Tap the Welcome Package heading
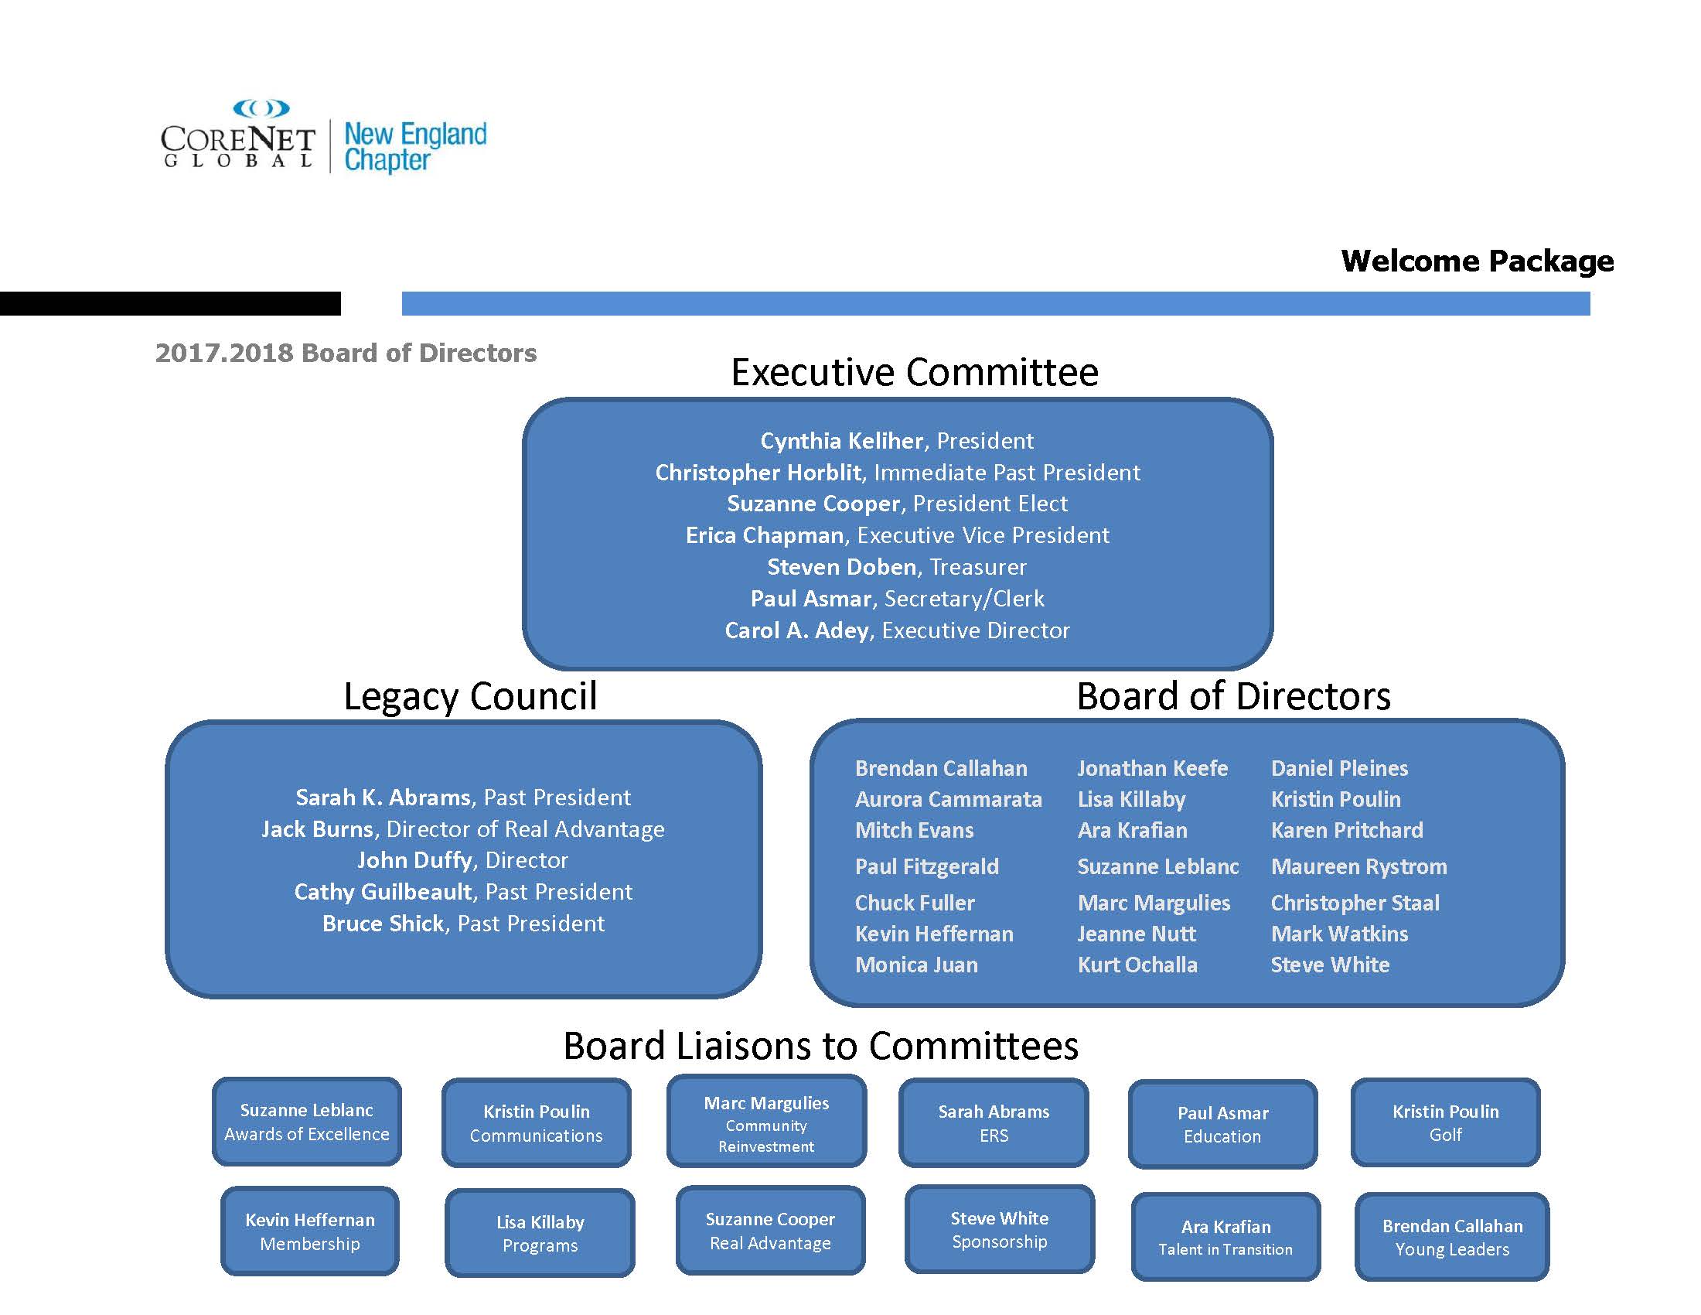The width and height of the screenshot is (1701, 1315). click(1477, 261)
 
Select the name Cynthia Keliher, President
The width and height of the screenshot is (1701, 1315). click(896, 441)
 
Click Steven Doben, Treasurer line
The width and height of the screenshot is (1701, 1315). click(896, 567)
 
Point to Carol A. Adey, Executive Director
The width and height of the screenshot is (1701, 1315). click(896, 630)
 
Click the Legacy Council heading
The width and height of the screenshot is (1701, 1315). click(469, 696)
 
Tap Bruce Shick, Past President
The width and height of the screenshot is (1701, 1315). click(462, 924)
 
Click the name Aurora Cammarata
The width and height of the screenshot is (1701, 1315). click(948, 799)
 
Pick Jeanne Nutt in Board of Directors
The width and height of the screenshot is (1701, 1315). click(1137, 934)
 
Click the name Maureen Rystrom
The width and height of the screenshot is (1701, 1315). click(1358, 867)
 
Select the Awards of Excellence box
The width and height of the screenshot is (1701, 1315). click(307, 1122)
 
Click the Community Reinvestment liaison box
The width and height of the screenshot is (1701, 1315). click(766, 1122)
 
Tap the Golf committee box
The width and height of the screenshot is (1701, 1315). click(1446, 1122)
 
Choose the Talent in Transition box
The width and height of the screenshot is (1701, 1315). click(1225, 1237)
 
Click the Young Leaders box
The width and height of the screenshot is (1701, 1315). click(1452, 1237)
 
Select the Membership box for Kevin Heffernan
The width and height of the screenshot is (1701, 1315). click(310, 1231)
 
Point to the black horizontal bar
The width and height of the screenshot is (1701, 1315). click(170, 303)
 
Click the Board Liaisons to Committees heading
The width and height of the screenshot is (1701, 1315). click(821, 1047)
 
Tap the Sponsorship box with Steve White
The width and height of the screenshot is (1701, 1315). click(999, 1229)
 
